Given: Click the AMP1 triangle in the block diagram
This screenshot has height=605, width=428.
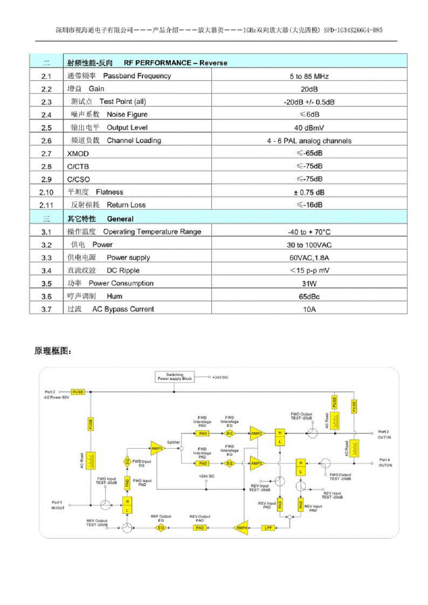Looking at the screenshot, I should click(157, 448).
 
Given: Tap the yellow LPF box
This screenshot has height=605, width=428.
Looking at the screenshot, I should click(268, 528).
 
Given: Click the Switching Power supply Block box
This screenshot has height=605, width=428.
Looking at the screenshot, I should click(175, 377).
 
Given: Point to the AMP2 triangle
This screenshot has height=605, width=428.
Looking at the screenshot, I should click(256, 433).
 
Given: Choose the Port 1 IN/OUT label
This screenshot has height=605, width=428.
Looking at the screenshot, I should click(57, 505).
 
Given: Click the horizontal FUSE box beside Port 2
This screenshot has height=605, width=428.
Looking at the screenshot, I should click(78, 391).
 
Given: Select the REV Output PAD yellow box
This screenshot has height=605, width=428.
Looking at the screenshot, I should click(200, 528).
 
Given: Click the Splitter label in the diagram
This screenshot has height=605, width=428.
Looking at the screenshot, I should click(173, 442).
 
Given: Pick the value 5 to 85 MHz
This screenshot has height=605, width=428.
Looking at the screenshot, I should click(309, 76).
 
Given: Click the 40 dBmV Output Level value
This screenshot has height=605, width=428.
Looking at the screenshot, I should click(309, 128).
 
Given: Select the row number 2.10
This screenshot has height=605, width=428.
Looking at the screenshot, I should click(46, 192).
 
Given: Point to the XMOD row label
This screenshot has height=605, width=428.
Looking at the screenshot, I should click(78, 154).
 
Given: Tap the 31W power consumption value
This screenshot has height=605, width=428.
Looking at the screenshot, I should click(309, 283).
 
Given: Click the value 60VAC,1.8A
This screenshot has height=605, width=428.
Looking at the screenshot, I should click(309, 258).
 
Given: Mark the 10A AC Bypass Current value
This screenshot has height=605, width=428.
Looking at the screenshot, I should click(309, 309).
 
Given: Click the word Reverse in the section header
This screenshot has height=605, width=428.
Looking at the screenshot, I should click(213, 63).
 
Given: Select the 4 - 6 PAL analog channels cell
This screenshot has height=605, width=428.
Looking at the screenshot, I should click(309, 141).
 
